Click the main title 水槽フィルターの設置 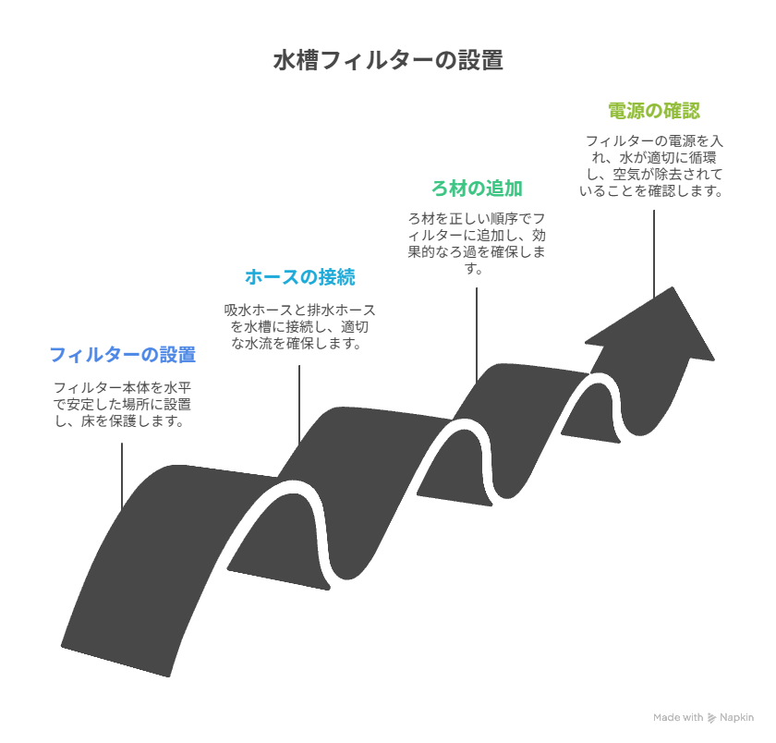pyautogui.click(x=388, y=60)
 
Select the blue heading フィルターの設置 pyautogui.click(x=123, y=355)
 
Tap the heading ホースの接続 pyautogui.click(x=300, y=277)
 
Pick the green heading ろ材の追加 pyautogui.click(x=477, y=189)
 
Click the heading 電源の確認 pyautogui.click(x=654, y=111)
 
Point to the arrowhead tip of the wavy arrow pyautogui.click(x=673, y=287)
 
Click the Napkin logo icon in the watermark pyautogui.click(x=711, y=718)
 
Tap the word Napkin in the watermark pyautogui.click(x=736, y=717)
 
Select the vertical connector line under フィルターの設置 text pyautogui.click(x=122, y=475)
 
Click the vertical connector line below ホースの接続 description pyautogui.click(x=299, y=404)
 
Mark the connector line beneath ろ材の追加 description pyautogui.click(x=477, y=335)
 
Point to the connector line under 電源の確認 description pyautogui.click(x=654, y=254)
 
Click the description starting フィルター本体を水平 pyautogui.click(x=122, y=404)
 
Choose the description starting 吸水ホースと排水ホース pyautogui.click(x=299, y=326)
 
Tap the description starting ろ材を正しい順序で pyautogui.click(x=477, y=243)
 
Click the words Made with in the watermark pyautogui.click(x=678, y=717)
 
